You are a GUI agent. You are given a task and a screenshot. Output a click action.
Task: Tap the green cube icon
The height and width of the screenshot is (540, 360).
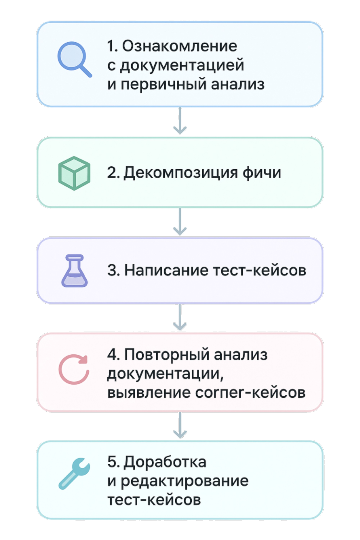tap(74, 173)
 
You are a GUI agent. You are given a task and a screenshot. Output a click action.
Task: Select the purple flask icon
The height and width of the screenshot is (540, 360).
tap(75, 271)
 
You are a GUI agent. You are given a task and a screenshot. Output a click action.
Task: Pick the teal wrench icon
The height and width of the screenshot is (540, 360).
tap(74, 474)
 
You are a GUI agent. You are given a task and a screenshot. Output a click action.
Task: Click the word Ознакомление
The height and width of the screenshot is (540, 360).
tap(180, 46)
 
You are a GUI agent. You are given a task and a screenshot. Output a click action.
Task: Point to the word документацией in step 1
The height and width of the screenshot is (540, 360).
tap(182, 65)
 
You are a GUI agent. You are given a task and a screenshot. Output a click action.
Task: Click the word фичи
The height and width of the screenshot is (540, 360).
tap(262, 173)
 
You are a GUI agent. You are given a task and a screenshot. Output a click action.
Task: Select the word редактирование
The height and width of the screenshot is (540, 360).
tap(184, 481)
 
